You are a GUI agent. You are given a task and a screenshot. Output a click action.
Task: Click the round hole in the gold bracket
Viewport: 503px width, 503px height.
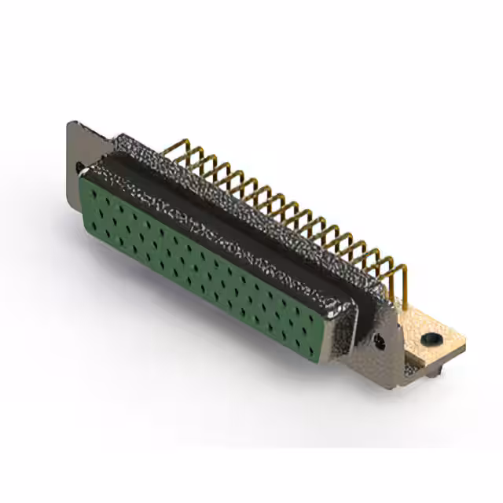pos(430,340)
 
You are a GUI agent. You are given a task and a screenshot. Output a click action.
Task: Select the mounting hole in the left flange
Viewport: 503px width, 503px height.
pos(79,167)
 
